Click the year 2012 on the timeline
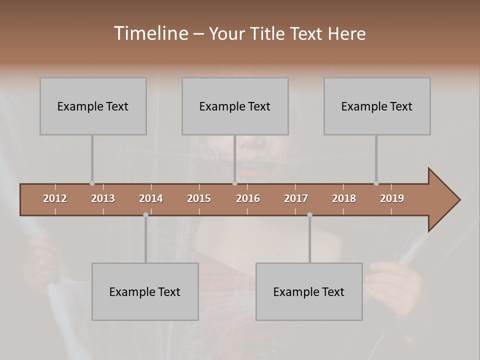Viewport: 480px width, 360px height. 55,198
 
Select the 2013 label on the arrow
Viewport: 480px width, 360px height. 103,198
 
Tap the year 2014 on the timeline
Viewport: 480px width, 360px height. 151,198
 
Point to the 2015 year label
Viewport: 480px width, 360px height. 199,198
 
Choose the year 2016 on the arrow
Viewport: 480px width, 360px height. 248,198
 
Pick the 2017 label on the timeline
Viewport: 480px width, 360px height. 296,198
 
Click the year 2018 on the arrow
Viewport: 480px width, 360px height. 344,198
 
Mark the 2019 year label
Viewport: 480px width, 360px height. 392,198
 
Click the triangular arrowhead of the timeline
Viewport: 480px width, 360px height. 443,200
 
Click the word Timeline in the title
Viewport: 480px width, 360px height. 150,33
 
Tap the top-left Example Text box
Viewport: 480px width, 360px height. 93,106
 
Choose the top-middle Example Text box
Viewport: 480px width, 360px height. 235,106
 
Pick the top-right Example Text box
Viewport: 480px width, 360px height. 377,106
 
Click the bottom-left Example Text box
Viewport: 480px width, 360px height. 145,291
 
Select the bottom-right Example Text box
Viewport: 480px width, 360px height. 309,291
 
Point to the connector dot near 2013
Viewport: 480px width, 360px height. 92,183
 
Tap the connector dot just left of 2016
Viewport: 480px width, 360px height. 234,183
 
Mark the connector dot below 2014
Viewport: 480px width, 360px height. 145,214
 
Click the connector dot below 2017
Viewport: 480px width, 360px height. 309,214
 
